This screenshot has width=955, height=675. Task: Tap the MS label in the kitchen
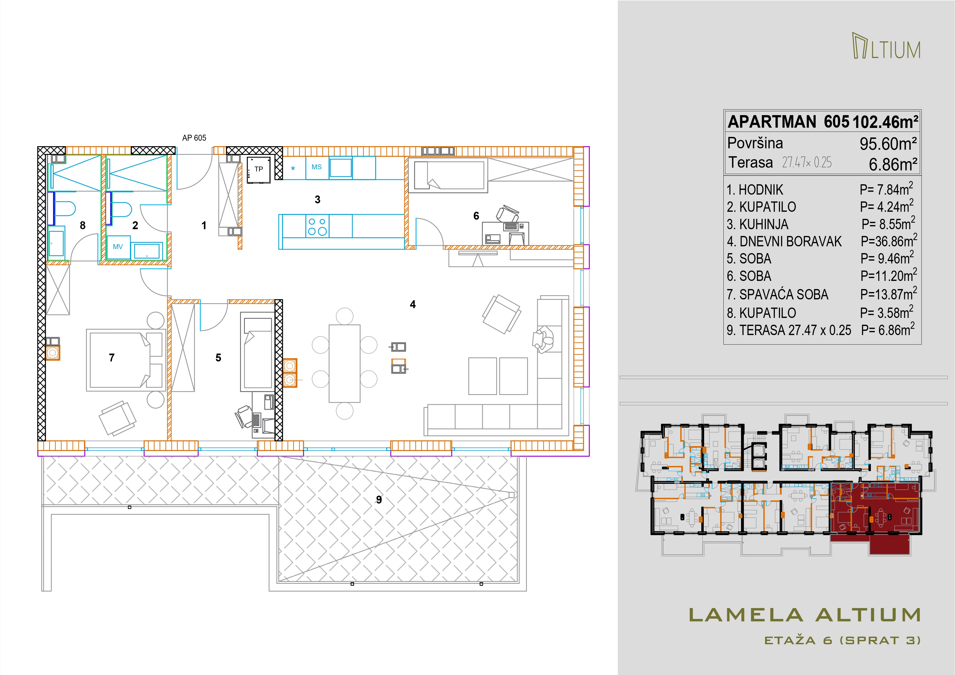point(317,167)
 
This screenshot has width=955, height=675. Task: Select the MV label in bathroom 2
point(118,247)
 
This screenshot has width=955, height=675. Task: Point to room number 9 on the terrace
point(379,499)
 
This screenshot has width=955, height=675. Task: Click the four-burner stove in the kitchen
point(317,226)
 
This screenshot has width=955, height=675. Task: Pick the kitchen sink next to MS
point(341,168)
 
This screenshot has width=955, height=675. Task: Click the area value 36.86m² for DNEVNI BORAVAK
point(889,241)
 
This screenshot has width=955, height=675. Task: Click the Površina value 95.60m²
point(888,144)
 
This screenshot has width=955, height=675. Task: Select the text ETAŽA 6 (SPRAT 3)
point(843,640)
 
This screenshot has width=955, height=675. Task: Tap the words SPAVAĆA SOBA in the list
point(784,294)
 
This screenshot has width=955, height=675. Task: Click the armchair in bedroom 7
point(117,418)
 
